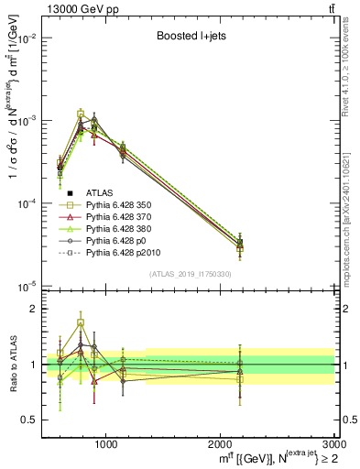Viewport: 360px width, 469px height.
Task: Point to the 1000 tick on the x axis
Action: point(105,443)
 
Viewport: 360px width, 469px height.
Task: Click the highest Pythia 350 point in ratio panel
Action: point(81,323)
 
